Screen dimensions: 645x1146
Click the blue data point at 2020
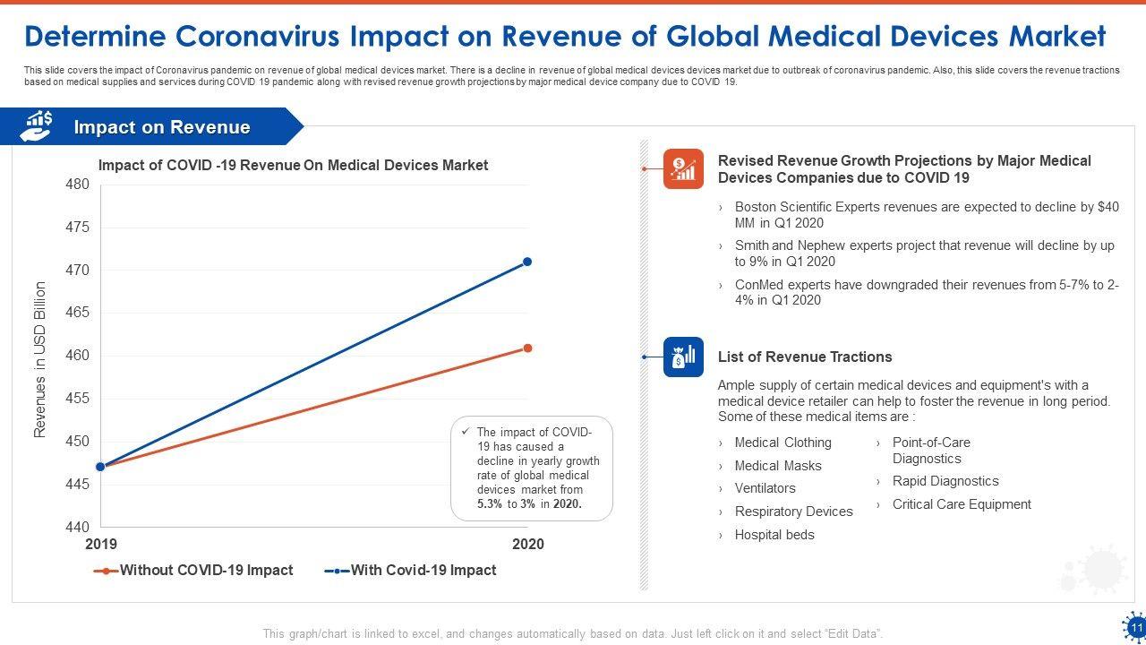[527, 262]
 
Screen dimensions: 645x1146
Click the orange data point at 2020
[527, 348]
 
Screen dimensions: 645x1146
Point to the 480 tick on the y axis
[78, 185]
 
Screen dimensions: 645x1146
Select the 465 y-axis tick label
[78, 313]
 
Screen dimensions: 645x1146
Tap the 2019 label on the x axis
[100, 544]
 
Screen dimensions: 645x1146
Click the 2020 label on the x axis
[527, 544]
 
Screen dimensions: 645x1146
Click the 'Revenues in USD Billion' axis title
[40, 359]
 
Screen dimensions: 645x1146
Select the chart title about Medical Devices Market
[293, 165]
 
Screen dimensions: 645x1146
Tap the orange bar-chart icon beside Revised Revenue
[683, 168]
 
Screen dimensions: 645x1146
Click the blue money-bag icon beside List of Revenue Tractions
[683, 357]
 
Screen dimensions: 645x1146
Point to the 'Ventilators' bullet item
[765, 488]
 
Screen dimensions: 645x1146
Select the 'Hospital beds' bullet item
[774, 535]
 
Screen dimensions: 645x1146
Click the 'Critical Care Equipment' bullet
[962, 504]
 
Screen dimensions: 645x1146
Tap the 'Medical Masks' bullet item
[777, 466]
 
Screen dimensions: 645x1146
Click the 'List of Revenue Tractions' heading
[805, 357]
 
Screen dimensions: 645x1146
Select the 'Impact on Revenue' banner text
[162, 127]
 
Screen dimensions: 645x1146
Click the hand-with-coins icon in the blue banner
[37, 126]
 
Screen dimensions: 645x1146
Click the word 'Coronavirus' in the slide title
[259, 36]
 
